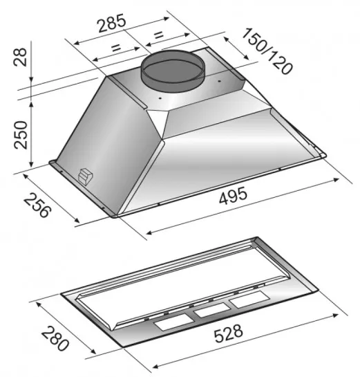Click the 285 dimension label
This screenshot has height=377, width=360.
click(x=112, y=23)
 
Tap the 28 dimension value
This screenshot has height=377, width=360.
click(x=20, y=57)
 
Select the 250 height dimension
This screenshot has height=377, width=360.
click(x=21, y=135)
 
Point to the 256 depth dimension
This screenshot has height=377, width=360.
click(x=37, y=205)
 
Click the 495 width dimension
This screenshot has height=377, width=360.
click(x=233, y=196)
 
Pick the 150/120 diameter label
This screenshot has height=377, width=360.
click(x=267, y=51)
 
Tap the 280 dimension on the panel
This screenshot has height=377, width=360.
click(x=55, y=338)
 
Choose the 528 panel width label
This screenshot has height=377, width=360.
click(x=229, y=333)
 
